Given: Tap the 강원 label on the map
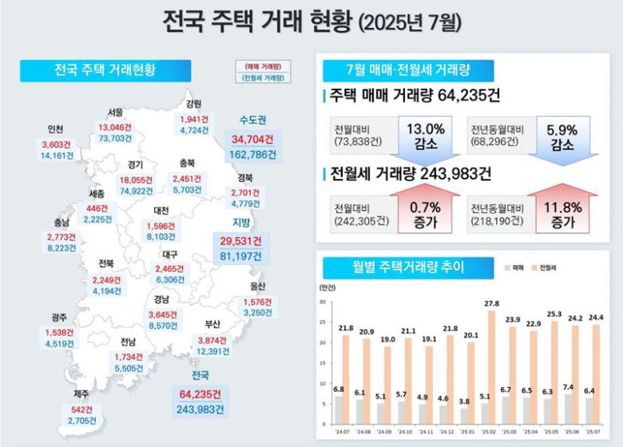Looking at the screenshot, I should (193, 104).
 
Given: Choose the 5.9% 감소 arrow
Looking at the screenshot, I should (562, 136).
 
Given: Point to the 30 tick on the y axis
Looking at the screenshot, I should (321, 303).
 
